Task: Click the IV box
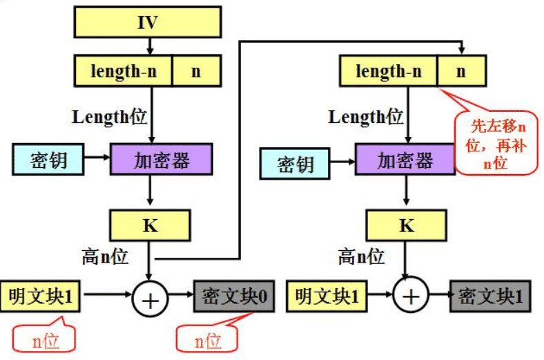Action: click(x=148, y=23)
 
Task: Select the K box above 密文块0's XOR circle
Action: click(x=149, y=226)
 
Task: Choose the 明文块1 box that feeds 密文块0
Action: click(x=41, y=296)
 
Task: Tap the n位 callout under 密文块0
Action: click(x=207, y=339)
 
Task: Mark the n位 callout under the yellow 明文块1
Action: click(x=43, y=339)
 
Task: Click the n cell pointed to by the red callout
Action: click(x=461, y=71)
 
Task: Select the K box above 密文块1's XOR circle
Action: click(x=406, y=226)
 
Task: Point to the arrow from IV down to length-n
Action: click(x=148, y=46)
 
